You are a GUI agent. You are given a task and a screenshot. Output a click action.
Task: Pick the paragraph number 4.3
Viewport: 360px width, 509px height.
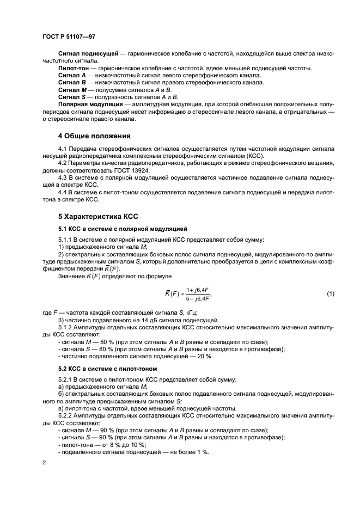click(63, 177)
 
